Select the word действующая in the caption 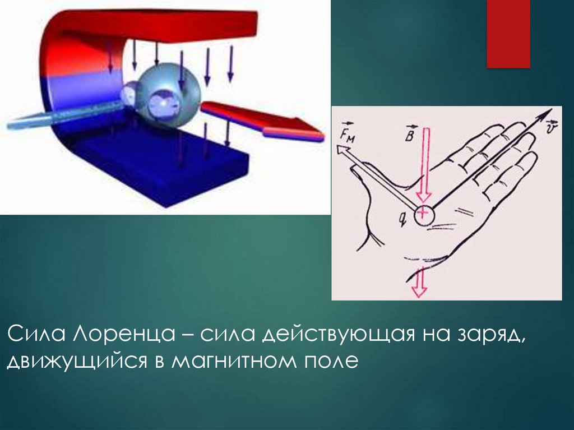338,334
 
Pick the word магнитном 234,362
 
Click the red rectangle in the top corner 508,34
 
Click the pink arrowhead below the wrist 419,290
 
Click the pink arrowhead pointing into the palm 424,197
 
